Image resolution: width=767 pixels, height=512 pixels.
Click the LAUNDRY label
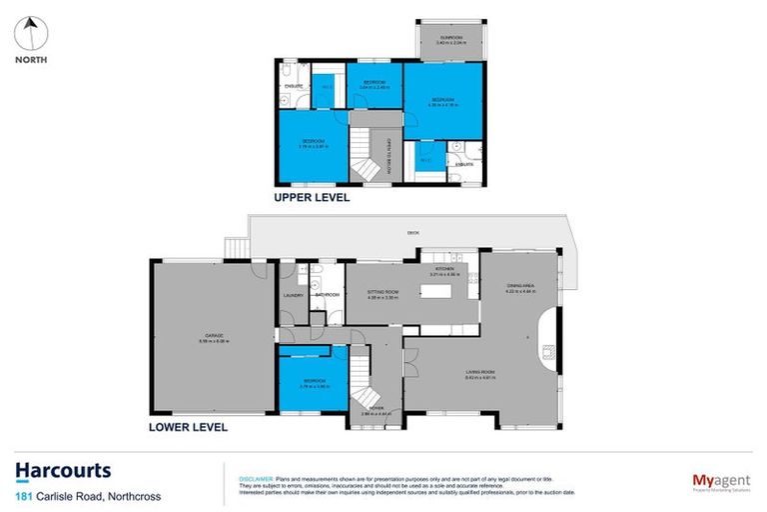point(293,295)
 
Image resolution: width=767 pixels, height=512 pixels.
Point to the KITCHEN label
point(442,268)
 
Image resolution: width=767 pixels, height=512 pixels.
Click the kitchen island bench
point(437,292)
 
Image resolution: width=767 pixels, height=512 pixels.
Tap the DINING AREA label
point(521,287)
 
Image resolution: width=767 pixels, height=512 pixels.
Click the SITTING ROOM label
point(383,293)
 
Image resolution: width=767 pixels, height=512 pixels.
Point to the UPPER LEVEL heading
point(312,198)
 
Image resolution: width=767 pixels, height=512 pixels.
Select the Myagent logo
point(720,482)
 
